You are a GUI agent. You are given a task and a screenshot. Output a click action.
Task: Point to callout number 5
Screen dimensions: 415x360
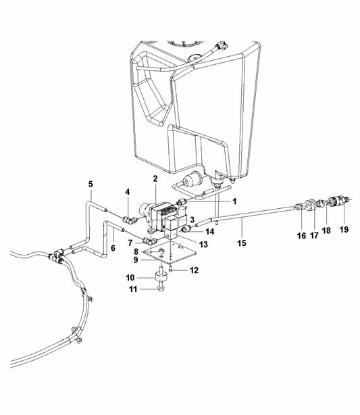[91, 184]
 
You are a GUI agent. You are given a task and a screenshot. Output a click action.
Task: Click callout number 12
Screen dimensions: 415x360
[195, 271]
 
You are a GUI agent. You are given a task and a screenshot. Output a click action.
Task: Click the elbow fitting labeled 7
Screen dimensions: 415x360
[150, 241]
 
